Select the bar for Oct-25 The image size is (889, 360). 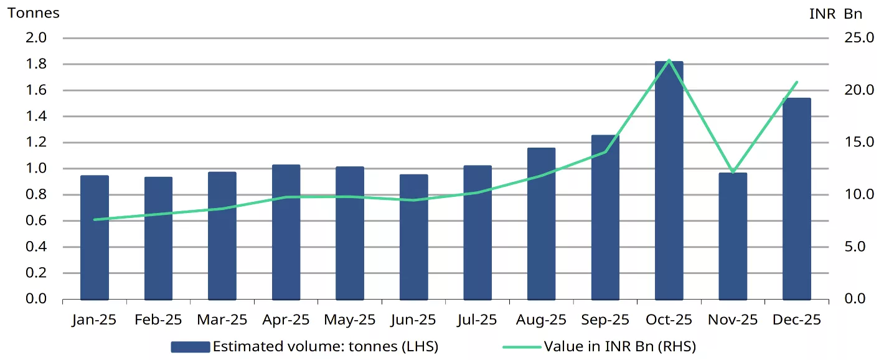[669, 181]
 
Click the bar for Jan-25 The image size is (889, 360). [95, 237]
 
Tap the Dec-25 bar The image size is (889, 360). [796, 199]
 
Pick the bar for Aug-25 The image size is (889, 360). [541, 224]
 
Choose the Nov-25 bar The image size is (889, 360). [733, 236]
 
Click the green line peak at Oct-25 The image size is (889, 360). [669, 60]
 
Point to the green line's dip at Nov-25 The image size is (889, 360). [733, 171]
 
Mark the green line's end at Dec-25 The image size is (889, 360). [796, 82]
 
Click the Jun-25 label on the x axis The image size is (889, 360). [413, 320]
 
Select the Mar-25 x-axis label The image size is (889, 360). [222, 320]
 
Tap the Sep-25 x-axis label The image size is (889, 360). [605, 320]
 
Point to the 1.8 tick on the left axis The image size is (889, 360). [34, 64]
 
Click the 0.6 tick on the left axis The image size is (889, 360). [34, 220]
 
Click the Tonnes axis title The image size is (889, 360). [34, 13]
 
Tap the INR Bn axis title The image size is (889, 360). [836, 14]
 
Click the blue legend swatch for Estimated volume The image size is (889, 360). [190, 347]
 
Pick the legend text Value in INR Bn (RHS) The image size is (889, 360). [619, 346]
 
